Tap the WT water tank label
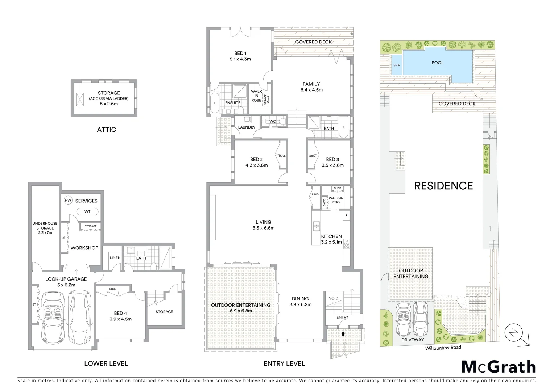(x=87, y=212)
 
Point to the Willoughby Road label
(x=443, y=348)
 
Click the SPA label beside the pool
(x=397, y=66)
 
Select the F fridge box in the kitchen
(x=346, y=216)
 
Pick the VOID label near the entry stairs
(x=334, y=298)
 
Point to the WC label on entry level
(x=273, y=121)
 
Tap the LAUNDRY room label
(x=247, y=127)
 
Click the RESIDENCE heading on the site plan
(x=443, y=186)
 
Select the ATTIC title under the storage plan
(x=106, y=130)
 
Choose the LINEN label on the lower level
(x=115, y=258)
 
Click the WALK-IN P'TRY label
(x=336, y=200)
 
